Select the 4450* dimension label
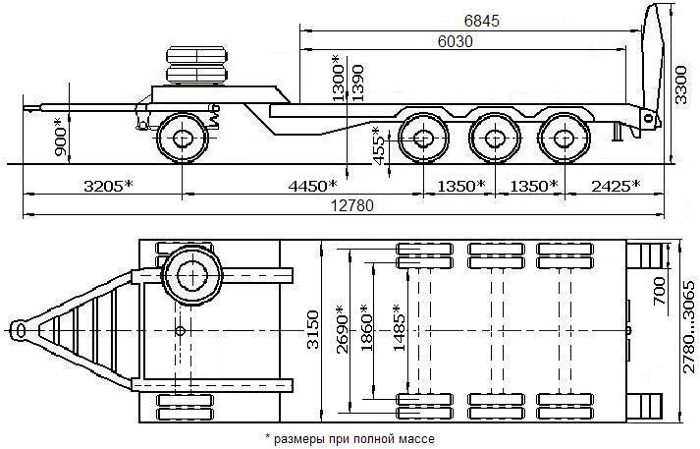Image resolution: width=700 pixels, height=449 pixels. (x=310, y=185)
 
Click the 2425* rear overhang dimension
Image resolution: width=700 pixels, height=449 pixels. (x=610, y=185)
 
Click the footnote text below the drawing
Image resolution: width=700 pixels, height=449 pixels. (x=349, y=438)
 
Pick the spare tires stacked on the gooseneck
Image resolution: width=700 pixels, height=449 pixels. (x=194, y=65)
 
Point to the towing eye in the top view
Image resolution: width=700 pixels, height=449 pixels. (x=19, y=327)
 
